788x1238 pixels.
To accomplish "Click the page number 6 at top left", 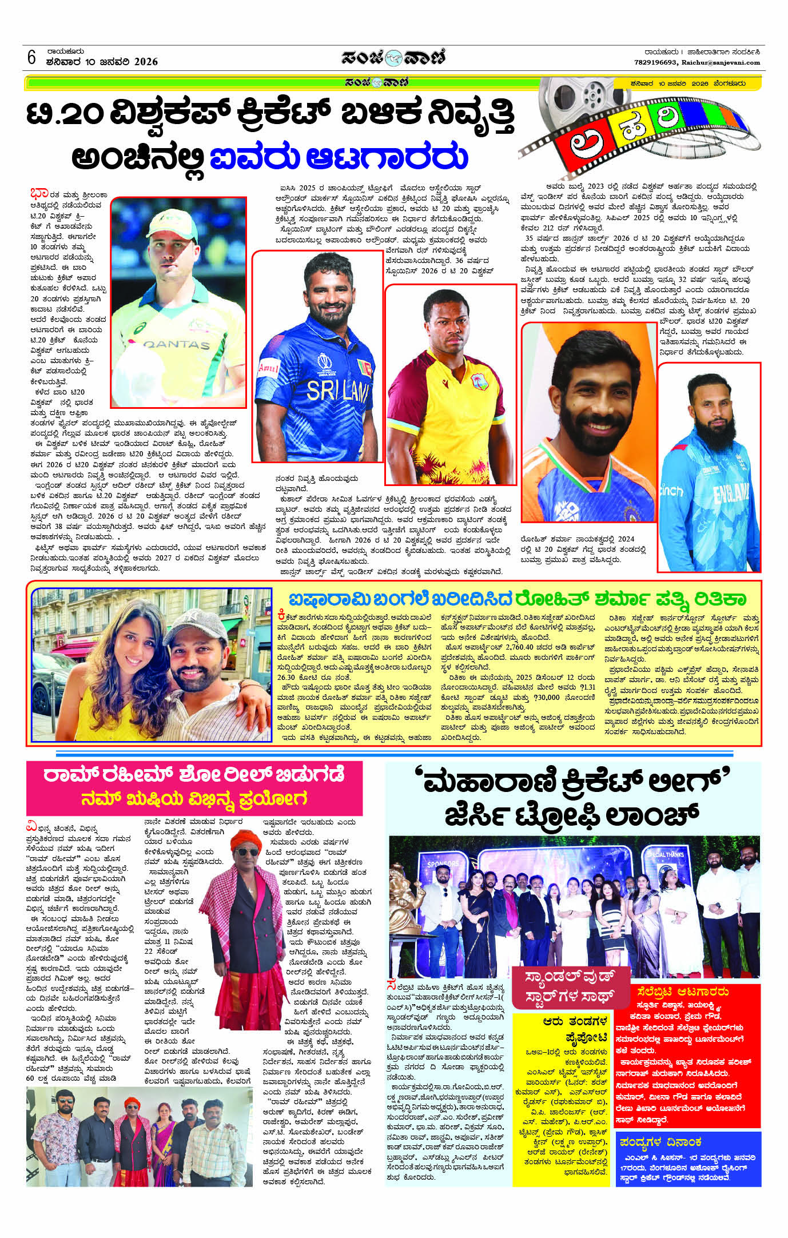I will tap(31, 57).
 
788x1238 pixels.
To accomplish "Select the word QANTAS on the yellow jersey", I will tap(177, 344).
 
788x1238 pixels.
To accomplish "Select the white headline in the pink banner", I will tap(194, 775).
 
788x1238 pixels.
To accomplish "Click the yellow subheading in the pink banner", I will tap(194, 798).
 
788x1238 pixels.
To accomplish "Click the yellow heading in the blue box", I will tap(660, 1142).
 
